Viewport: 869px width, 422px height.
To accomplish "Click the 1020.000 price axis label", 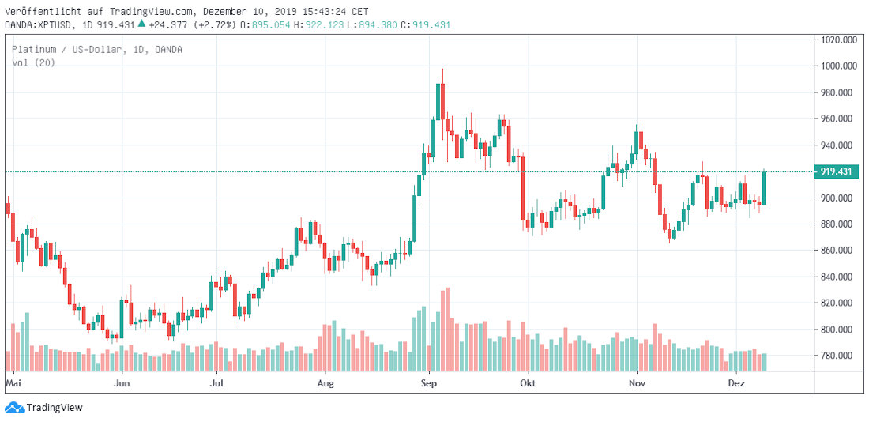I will click(x=839, y=40).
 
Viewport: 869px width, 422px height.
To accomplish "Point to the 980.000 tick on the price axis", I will click(x=839, y=92).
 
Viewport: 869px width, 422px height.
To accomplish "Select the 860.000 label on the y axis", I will click(x=839, y=251).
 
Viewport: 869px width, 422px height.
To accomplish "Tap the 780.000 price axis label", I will click(x=839, y=356).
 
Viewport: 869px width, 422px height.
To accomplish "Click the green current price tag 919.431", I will click(x=837, y=171).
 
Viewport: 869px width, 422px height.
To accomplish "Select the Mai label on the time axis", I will click(x=12, y=382).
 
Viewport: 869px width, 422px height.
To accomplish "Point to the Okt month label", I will click(x=528, y=382).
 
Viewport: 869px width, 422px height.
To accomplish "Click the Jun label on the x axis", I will click(x=122, y=382).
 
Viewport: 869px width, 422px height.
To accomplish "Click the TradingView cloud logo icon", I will click(x=14, y=408).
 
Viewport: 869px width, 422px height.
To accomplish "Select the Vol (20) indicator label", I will click(x=33, y=62).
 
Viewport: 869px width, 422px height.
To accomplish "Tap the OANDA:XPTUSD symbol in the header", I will click(x=38, y=24).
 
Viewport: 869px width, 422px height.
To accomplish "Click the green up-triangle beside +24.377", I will click(x=141, y=24).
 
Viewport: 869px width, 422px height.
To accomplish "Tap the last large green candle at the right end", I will click(x=764, y=188).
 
